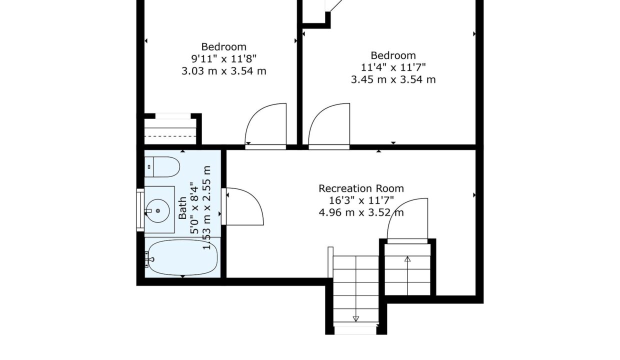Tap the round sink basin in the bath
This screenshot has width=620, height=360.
click(x=158, y=211)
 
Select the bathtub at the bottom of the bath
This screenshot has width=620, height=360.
click(x=182, y=257)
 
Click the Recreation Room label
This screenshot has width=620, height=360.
click(x=361, y=188)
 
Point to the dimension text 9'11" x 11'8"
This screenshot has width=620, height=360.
click(x=224, y=58)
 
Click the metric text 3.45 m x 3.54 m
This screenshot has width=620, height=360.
click(x=393, y=79)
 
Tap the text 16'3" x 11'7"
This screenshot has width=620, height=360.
click(x=361, y=200)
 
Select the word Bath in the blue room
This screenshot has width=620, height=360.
click(x=182, y=208)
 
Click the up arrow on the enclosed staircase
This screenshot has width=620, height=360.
click(x=407, y=275)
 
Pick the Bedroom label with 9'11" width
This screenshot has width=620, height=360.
click(x=224, y=47)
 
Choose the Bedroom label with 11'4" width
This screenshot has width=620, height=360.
click(x=393, y=55)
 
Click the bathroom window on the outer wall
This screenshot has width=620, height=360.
click(x=140, y=210)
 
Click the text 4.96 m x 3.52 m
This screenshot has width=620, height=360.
click(x=361, y=212)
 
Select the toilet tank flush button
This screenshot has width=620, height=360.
click(x=149, y=167)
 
